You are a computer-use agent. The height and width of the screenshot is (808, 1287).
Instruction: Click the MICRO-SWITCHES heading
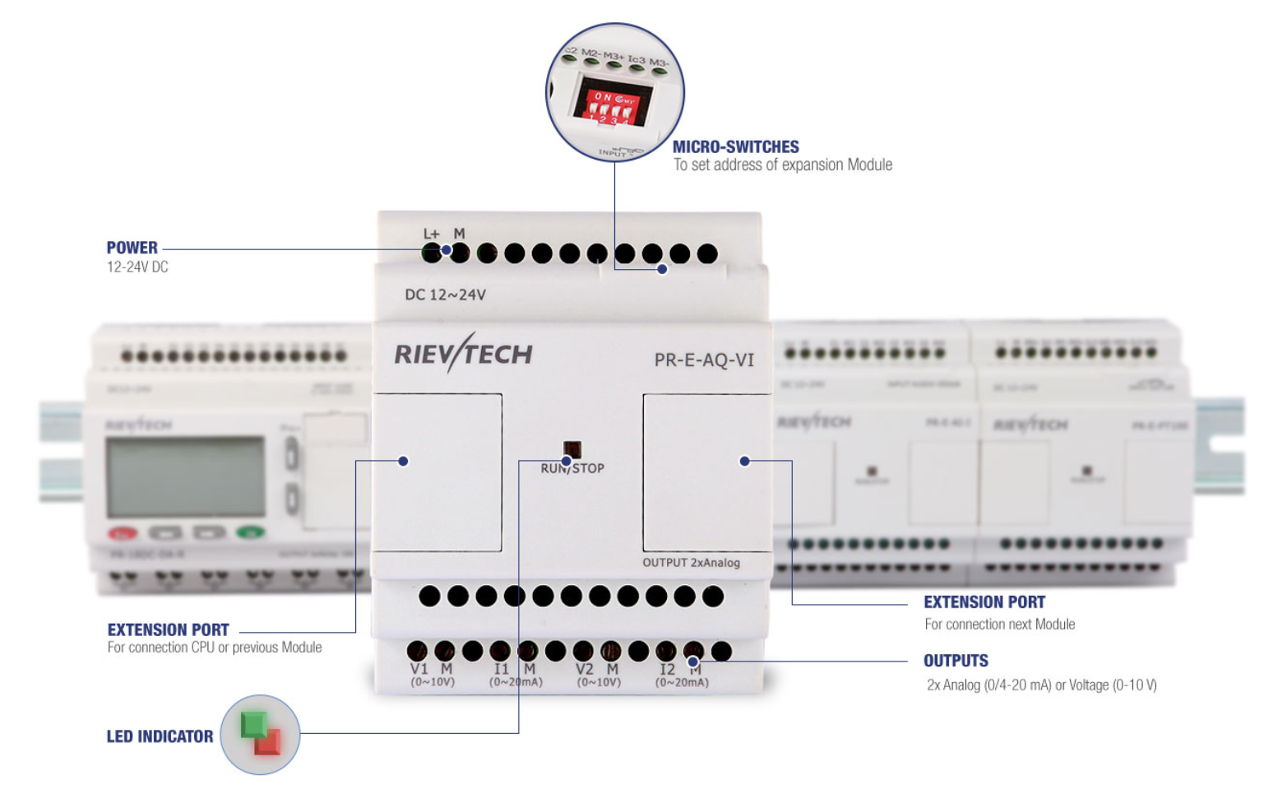(x=735, y=146)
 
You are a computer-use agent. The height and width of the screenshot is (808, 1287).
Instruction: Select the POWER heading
(x=132, y=248)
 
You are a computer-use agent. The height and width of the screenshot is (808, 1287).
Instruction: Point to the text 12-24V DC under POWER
(x=137, y=267)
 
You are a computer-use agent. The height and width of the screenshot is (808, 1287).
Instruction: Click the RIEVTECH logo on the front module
(x=463, y=354)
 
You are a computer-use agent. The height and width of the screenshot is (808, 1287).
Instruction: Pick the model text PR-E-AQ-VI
(x=703, y=360)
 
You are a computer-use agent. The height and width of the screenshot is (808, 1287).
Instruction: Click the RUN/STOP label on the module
(x=572, y=468)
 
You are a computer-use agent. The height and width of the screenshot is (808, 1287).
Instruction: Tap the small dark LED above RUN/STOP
(x=572, y=448)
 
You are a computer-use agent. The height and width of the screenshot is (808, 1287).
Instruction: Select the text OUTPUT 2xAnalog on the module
(x=691, y=563)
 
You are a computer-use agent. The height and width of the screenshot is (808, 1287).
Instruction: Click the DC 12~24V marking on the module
(x=445, y=295)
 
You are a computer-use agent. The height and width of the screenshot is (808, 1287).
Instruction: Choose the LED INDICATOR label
(x=160, y=736)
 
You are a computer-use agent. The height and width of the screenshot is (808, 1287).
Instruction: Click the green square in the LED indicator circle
(x=252, y=724)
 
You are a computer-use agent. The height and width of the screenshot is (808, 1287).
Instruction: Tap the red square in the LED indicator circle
(x=268, y=742)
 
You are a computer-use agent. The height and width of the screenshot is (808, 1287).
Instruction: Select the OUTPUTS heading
(x=956, y=661)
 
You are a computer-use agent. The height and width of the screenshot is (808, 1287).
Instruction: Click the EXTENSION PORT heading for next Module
(x=984, y=602)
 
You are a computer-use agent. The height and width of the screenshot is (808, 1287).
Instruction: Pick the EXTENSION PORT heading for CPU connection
(x=168, y=630)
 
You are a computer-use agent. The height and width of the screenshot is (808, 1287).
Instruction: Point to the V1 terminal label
(x=419, y=669)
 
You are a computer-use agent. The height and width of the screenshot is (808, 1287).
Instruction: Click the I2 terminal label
(x=667, y=669)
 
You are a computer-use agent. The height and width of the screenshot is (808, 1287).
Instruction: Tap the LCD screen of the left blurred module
(x=185, y=477)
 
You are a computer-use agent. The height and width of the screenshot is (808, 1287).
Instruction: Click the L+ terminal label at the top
(x=431, y=235)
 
